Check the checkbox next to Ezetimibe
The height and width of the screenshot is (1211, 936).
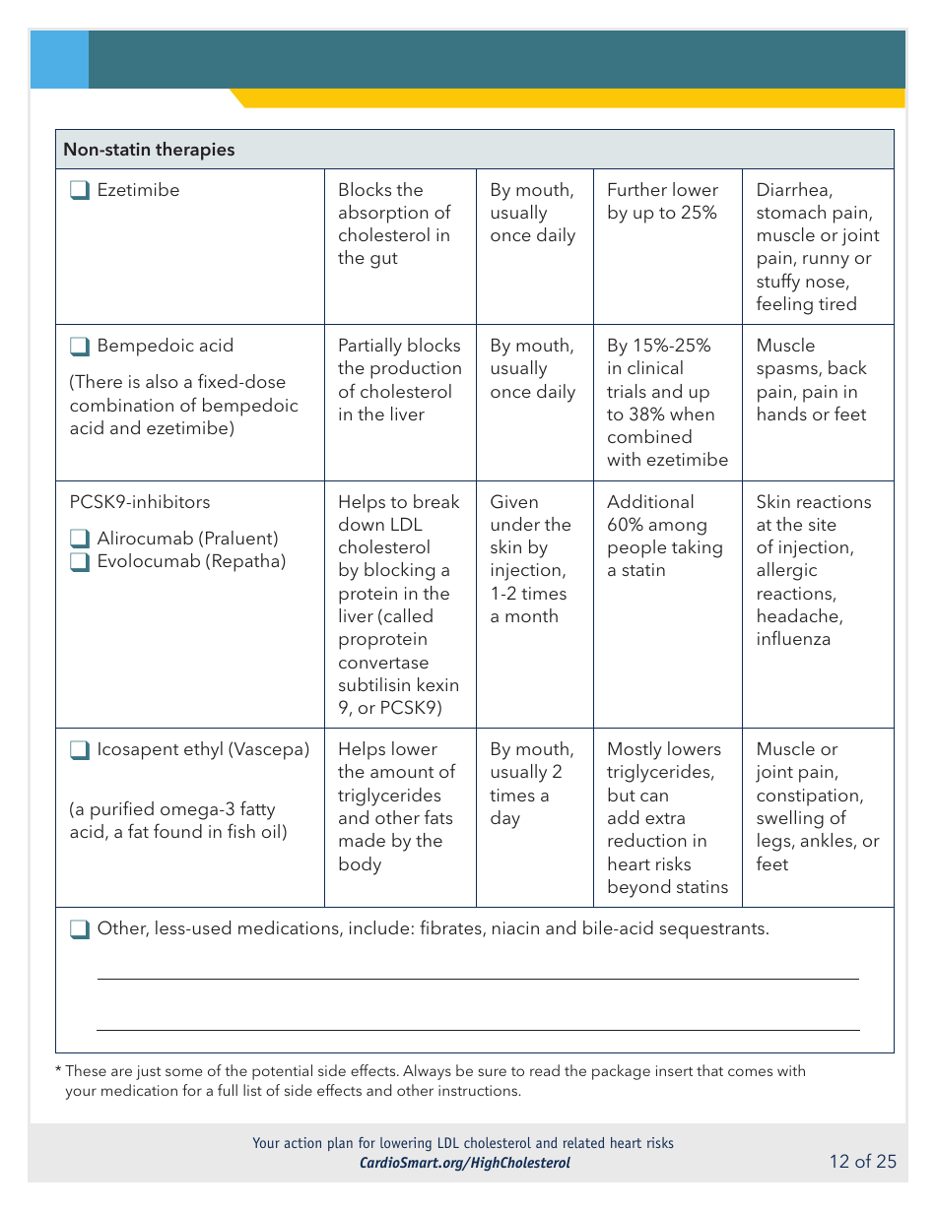click(x=80, y=190)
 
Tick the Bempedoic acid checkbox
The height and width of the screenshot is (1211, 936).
click(x=80, y=347)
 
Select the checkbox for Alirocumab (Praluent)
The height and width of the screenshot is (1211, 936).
click(x=80, y=539)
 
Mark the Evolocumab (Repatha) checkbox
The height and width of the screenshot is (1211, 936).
click(x=80, y=562)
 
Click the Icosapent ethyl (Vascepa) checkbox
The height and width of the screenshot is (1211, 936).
click(x=80, y=750)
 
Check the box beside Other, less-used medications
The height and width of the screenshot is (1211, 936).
click(x=80, y=928)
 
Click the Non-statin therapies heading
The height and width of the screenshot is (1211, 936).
click(x=149, y=150)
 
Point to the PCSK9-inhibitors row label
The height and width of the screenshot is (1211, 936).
click(x=139, y=502)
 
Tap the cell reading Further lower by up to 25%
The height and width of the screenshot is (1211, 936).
click(x=662, y=202)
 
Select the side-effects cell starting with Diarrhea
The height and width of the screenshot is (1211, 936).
click(x=817, y=247)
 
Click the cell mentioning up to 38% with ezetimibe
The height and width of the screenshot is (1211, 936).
click(x=667, y=403)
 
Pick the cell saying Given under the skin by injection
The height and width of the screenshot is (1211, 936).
click(x=531, y=559)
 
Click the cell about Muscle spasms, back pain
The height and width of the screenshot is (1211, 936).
click(x=812, y=380)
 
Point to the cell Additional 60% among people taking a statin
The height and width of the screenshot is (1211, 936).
click(x=664, y=536)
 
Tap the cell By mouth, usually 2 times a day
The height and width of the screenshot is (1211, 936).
click(x=531, y=784)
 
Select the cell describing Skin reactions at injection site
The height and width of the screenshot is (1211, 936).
click(x=813, y=570)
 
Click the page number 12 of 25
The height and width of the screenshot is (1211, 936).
click(x=862, y=1162)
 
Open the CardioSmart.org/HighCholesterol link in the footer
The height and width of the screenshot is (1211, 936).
click(x=464, y=1163)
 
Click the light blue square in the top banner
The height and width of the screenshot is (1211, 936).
click(x=59, y=59)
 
